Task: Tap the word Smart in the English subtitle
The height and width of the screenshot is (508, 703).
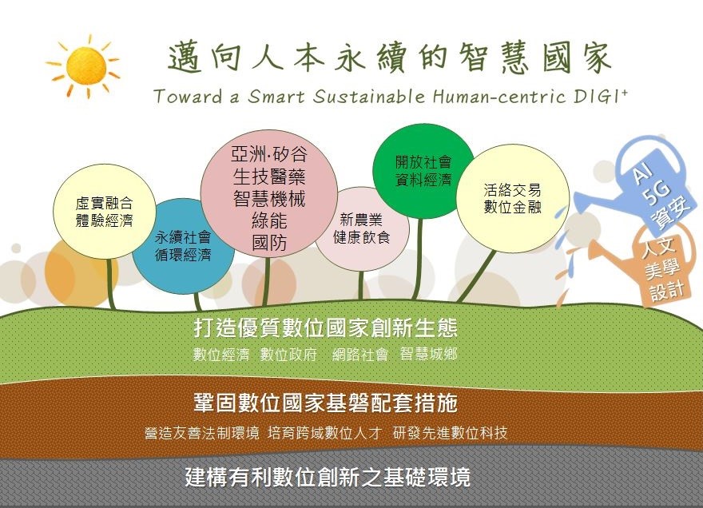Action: click(276, 97)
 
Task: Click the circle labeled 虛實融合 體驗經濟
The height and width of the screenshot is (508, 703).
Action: click(105, 211)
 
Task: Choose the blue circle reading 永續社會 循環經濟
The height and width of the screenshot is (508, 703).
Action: click(183, 246)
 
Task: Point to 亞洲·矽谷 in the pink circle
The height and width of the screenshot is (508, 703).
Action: click(269, 154)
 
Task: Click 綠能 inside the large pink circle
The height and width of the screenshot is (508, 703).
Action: click(269, 220)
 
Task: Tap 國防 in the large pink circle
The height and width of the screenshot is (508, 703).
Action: click(269, 243)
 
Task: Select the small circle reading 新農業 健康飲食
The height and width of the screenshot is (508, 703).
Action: click(361, 228)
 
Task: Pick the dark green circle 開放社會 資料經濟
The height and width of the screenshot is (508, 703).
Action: click(423, 171)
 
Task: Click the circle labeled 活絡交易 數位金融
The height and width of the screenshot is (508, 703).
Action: click(512, 199)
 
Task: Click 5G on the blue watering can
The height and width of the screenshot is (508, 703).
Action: click(656, 192)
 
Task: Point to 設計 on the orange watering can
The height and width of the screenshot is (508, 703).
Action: click(667, 291)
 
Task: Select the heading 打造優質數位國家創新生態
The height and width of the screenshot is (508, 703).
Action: click(325, 327)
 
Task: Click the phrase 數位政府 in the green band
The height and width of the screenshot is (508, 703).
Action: click(288, 355)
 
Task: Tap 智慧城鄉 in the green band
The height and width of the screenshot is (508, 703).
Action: click(429, 354)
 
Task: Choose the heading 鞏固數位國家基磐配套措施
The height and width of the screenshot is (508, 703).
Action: click(325, 403)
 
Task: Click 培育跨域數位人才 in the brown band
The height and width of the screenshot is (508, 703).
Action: click(324, 433)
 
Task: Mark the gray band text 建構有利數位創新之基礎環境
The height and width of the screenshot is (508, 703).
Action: click(328, 477)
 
